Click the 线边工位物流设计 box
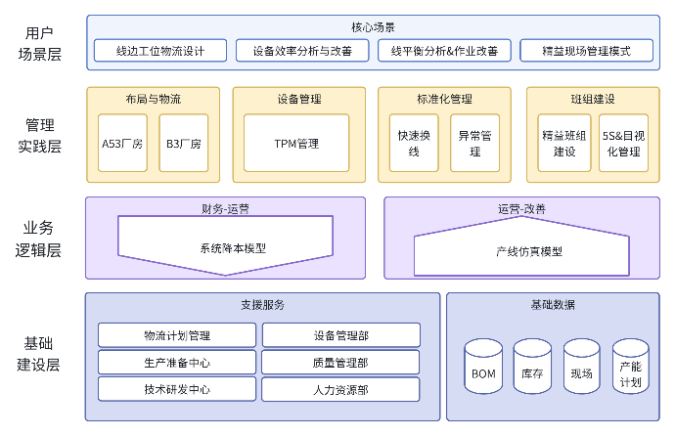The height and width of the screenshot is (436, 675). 160,50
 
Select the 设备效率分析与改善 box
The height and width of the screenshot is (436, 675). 302,50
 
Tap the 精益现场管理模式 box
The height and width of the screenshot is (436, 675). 587,50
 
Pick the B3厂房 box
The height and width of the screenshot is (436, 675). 183,144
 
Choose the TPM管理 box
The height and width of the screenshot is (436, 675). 296,144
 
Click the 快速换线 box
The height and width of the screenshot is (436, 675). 413,144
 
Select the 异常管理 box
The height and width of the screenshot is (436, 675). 474,144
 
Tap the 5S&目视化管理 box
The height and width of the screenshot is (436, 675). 622,144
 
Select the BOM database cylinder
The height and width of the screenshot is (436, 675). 483,367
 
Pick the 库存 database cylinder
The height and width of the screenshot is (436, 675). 533,367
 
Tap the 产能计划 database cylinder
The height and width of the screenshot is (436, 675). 631,367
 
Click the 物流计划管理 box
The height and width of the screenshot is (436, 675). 176,335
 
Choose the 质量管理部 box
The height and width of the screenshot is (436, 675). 340,362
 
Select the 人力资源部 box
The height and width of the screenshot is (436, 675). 340,388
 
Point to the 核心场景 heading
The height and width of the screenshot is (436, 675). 373,26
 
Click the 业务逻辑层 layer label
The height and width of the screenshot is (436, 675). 40,239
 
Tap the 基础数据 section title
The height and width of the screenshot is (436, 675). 553,305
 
